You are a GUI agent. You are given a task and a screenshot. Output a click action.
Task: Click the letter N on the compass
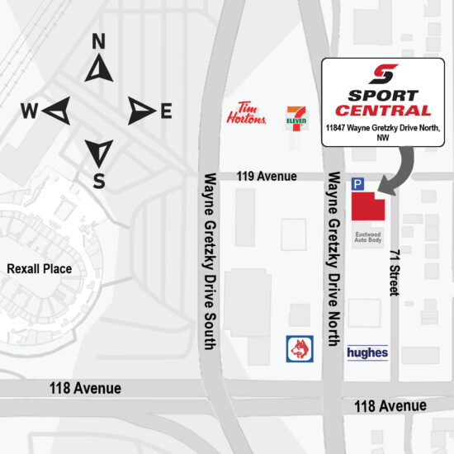click(x=98, y=41)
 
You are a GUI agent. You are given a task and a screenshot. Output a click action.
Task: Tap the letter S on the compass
click(x=98, y=182)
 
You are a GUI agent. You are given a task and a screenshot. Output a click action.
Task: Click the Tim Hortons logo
click(x=246, y=114)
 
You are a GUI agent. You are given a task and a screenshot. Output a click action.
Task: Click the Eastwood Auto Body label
click(x=368, y=238)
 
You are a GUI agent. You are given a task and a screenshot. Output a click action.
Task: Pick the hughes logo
click(x=367, y=352)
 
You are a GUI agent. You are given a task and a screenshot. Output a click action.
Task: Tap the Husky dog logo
click(x=298, y=348)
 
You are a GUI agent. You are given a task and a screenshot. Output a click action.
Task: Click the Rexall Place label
click(x=39, y=269)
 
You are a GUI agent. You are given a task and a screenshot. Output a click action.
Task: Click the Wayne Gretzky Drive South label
click(x=210, y=259)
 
